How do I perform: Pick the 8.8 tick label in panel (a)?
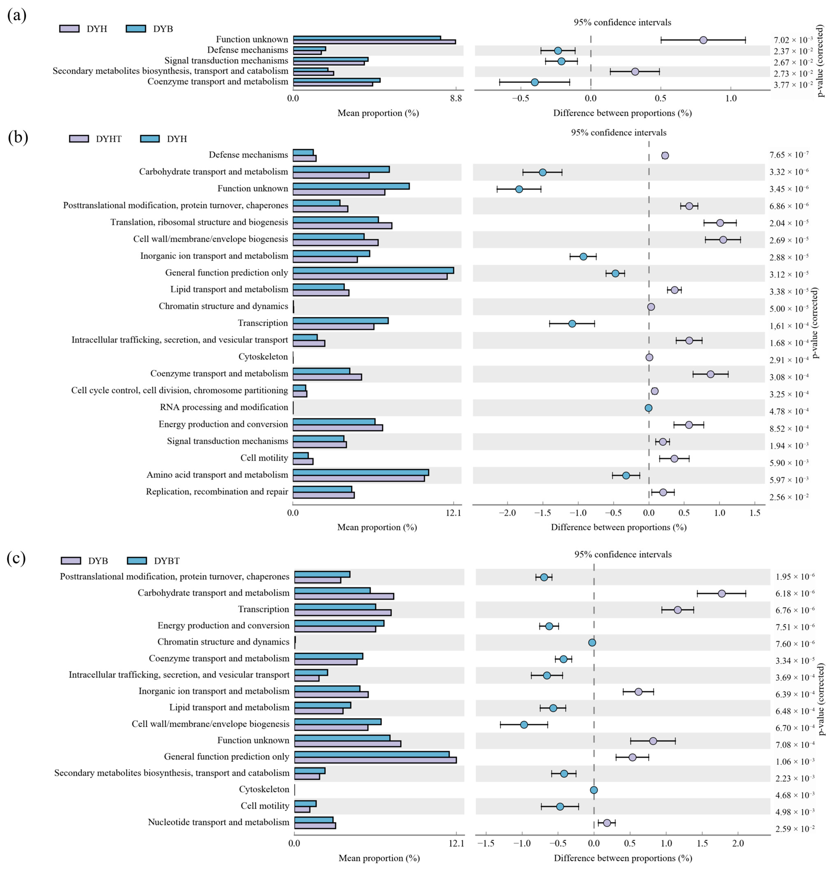click(456, 98)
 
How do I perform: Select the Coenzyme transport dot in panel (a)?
click(535, 82)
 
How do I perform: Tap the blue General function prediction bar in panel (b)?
click(373, 270)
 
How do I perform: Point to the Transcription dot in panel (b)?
click(572, 324)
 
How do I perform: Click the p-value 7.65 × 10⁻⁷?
click(789, 155)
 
